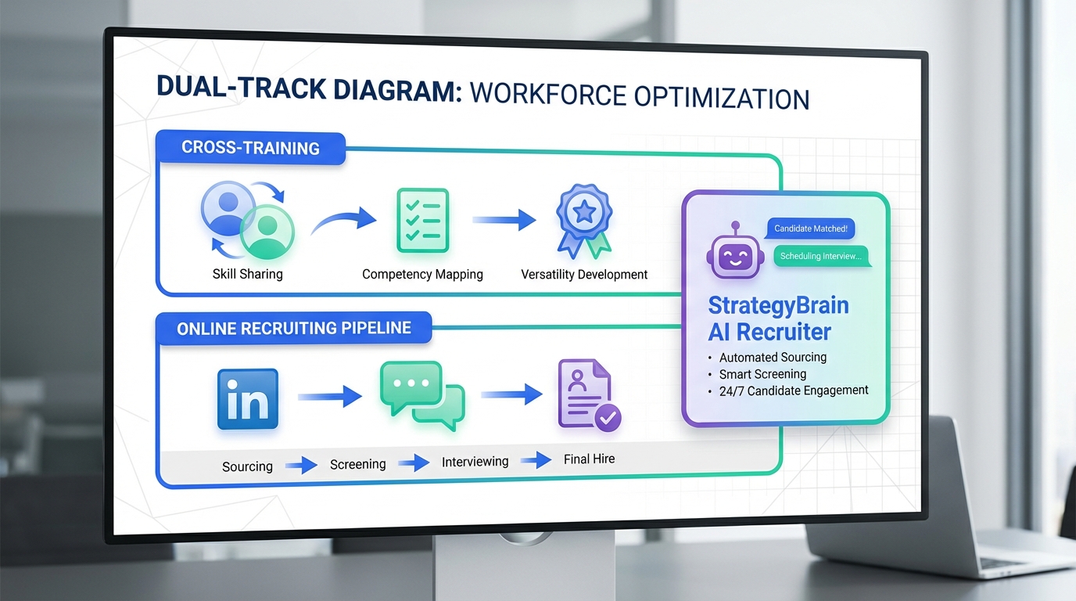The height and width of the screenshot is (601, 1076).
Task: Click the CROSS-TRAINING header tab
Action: click(x=250, y=148)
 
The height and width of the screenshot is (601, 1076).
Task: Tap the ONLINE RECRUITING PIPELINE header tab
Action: click(x=293, y=328)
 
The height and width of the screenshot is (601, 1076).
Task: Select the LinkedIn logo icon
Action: click(x=247, y=399)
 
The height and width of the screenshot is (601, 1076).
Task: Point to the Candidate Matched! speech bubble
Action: click(x=810, y=229)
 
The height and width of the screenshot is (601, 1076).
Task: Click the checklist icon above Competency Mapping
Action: click(x=423, y=220)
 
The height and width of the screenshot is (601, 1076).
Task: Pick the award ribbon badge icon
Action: click(x=584, y=220)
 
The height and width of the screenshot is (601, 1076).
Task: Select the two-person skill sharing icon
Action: click(x=247, y=220)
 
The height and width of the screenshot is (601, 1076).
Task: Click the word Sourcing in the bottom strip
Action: click(x=247, y=466)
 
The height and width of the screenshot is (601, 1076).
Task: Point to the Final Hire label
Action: click(x=589, y=459)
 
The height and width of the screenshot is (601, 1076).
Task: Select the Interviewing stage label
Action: click(x=475, y=462)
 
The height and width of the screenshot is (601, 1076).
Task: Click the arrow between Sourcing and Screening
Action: click(x=301, y=466)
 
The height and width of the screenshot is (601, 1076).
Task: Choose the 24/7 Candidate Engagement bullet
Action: click(x=794, y=390)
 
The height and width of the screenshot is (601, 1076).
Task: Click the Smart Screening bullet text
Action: click(x=762, y=374)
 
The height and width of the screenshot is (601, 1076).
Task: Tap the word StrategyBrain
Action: click(x=779, y=306)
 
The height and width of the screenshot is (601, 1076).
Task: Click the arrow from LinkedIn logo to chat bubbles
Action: click(x=330, y=397)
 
